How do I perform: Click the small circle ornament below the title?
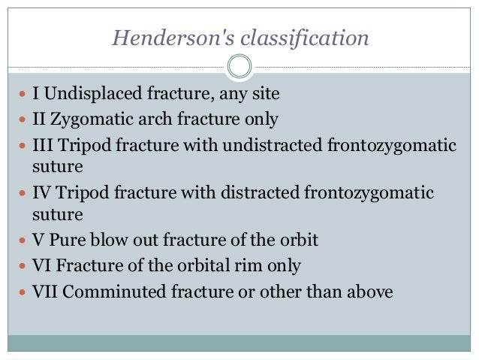(239, 67)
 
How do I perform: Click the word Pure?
(65, 241)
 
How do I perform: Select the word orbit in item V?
(297, 241)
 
